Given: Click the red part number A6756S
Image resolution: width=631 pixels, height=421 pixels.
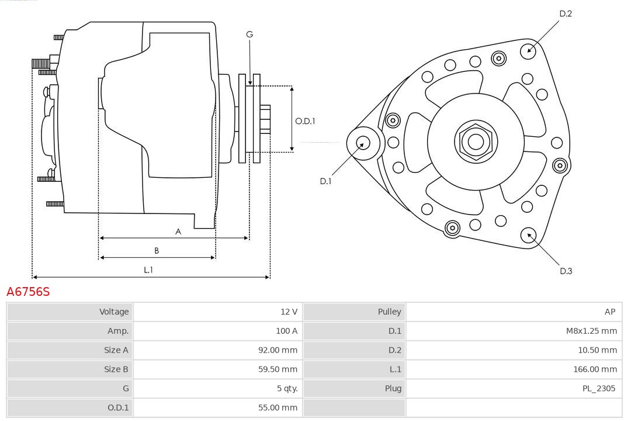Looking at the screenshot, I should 28,292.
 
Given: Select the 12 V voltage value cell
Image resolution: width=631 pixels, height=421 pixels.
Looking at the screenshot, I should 288,312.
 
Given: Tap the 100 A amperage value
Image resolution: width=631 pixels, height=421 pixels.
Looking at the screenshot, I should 286,331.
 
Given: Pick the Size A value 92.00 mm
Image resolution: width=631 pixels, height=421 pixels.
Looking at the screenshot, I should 278,350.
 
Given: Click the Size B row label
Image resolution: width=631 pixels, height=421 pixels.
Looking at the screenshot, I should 116,369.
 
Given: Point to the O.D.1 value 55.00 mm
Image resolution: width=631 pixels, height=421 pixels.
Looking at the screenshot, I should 278,408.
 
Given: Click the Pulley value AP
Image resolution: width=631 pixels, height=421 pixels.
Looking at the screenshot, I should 610,312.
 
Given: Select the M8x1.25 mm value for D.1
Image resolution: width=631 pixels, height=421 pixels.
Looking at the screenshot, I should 591,331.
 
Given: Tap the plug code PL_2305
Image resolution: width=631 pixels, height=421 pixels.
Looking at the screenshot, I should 598,388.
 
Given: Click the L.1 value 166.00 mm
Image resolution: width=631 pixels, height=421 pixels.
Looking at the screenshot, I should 595,369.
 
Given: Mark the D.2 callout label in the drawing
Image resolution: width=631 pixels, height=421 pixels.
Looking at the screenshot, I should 566,13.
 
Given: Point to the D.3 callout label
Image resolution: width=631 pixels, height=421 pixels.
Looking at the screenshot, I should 566,271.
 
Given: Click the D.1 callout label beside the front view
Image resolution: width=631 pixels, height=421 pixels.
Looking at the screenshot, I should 325,181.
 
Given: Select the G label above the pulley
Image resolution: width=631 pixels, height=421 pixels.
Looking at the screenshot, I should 249,34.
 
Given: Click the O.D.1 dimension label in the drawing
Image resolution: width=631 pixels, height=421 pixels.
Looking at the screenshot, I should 305,122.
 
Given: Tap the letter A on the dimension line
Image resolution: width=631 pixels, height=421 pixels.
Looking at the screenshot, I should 178,232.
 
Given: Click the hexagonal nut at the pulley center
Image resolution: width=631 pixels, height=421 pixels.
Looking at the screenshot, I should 476,141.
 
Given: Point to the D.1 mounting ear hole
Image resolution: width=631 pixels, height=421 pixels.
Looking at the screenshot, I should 363,142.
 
